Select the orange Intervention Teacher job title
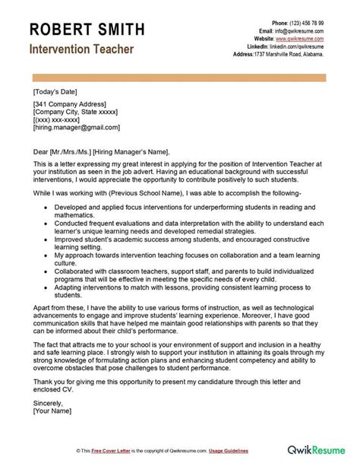point(82,49)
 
